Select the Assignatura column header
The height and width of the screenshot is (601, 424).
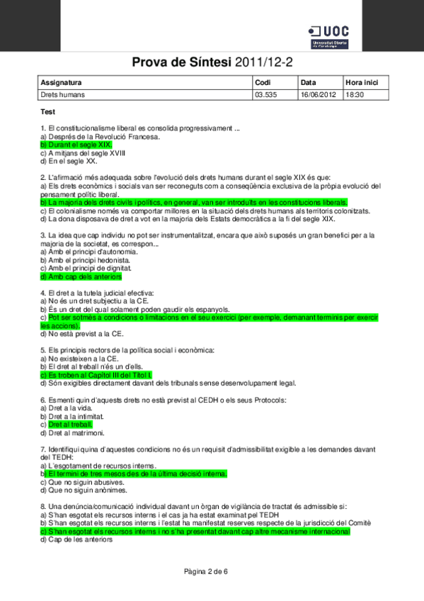62,82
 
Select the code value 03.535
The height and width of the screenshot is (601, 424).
265,94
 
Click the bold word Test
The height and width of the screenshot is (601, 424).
48,111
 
